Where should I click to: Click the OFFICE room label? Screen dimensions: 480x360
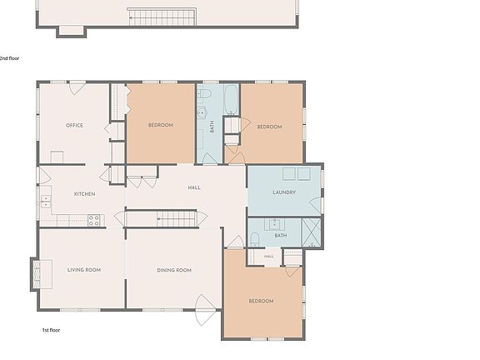tap(74, 125)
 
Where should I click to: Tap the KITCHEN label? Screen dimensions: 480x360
tap(84, 194)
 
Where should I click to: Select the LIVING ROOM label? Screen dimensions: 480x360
tap(84, 270)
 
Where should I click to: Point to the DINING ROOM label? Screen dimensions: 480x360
tap(174, 270)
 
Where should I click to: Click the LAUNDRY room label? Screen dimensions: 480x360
tap(284, 192)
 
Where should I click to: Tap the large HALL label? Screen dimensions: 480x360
tap(194, 187)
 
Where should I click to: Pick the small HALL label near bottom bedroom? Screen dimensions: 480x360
tap(269, 256)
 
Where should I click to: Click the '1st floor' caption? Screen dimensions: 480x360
tap(51, 330)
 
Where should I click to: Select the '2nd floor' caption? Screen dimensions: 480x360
tap(9, 58)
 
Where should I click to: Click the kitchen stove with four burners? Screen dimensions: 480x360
tap(93, 220)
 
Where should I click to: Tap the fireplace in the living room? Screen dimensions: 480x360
tap(42, 274)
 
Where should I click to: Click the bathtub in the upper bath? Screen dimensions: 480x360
tap(231, 99)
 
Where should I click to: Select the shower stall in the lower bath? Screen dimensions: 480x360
tap(311, 232)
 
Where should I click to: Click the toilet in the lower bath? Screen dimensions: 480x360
tap(255, 240)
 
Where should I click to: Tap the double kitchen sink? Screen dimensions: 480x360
tap(46, 201)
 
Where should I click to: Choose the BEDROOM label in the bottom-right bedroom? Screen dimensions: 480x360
tap(261, 301)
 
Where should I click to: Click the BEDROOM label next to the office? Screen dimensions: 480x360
tap(161, 125)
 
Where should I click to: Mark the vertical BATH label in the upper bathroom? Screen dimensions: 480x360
tap(212, 127)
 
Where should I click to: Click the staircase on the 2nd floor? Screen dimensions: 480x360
tap(162, 17)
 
